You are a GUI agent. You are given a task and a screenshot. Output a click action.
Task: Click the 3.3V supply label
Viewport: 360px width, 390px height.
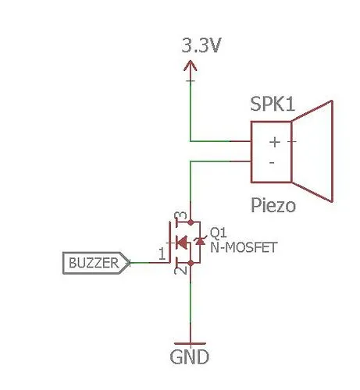pyautogui.click(x=201, y=45)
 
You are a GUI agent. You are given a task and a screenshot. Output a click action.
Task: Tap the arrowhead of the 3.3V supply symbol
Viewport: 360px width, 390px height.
pyautogui.click(x=191, y=66)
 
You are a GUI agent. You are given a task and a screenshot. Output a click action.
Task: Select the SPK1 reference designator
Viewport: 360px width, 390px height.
pyautogui.click(x=273, y=104)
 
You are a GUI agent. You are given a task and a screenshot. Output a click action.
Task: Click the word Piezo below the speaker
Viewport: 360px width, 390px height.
pyautogui.click(x=273, y=205)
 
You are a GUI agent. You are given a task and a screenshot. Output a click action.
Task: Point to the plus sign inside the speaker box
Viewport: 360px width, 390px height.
pyautogui.click(x=275, y=142)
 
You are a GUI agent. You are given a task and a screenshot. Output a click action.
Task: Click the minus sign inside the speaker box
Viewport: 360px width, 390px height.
pyautogui.click(x=272, y=163)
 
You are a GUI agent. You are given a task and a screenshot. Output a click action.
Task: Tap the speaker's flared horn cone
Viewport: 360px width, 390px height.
pyautogui.click(x=312, y=151)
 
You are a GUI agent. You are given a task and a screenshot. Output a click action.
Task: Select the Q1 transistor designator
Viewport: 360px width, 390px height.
pyautogui.click(x=218, y=232)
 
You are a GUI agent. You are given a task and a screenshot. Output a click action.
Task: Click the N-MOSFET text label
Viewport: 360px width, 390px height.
pyautogui.click(x=244, y=247)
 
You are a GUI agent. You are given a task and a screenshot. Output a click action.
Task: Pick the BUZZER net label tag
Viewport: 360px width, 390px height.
pyautogui.click(x=96, y=263)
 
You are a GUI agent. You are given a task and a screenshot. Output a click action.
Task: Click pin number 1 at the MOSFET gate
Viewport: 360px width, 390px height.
pyautogui.click(x=162, y=253)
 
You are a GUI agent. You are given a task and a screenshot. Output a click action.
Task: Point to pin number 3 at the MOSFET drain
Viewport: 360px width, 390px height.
pyautogui.click(x=182, y=216)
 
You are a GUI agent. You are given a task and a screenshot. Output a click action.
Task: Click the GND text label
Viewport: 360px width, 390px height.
pyautogui.click(x=189, y=357)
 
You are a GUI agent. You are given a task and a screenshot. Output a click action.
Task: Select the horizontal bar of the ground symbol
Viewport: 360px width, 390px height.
pyautogui.click(x=191, y=344)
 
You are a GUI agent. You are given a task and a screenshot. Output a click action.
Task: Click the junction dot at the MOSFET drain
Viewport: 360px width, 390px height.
pyautogui.click(x=191, y=222)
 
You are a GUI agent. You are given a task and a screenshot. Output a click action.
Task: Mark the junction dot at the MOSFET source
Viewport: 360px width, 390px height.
pyautogui.click(x=191, y=263)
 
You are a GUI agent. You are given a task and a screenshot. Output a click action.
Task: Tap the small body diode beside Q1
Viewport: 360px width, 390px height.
pyautogui.click(x=200, y=241)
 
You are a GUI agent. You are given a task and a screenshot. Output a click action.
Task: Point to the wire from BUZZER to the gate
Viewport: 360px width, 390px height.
pyautogui.click(x=149, y=263)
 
